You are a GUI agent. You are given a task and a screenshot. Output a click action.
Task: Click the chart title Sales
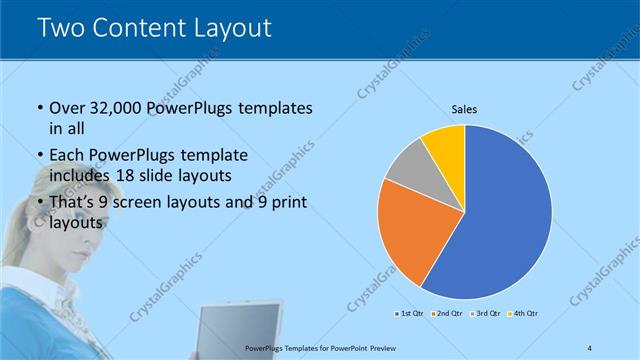click(x=464, y=109)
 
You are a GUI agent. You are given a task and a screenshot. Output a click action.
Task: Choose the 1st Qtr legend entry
click(x=411, y=314)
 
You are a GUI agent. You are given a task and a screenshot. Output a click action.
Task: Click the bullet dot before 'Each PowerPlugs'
click(x=39, y=156)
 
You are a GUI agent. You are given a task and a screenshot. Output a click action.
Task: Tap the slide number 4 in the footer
click(x=590, y=347)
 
